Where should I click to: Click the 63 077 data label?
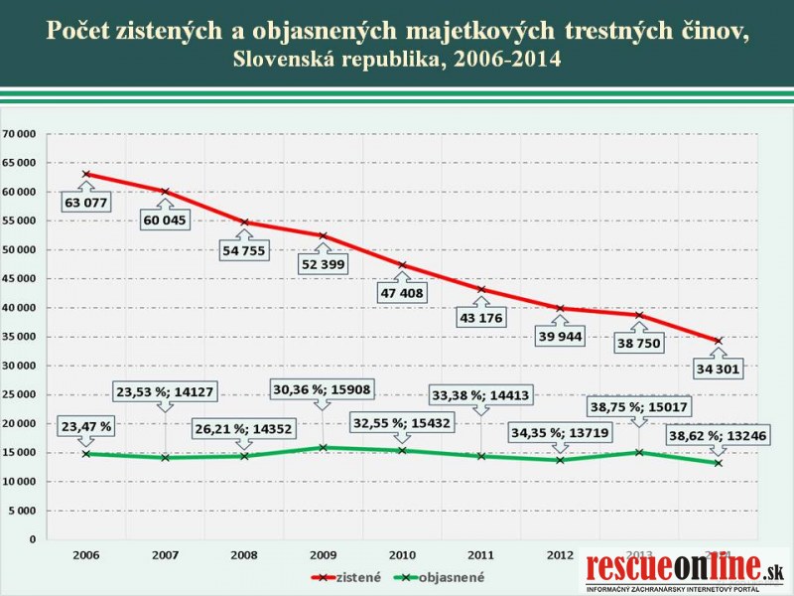point(87,204)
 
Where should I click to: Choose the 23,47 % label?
point(86,427)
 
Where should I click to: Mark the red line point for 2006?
point(86,174)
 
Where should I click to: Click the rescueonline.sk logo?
point(686,571)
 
